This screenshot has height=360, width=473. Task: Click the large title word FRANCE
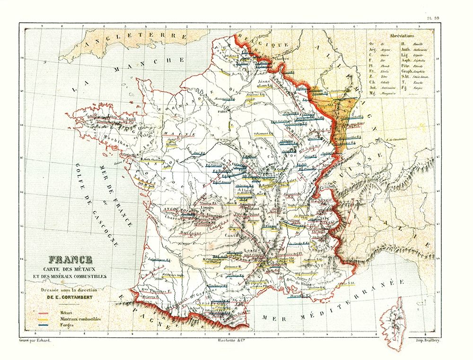tap(70, 260)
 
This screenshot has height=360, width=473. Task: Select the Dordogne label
tap(191, 232)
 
